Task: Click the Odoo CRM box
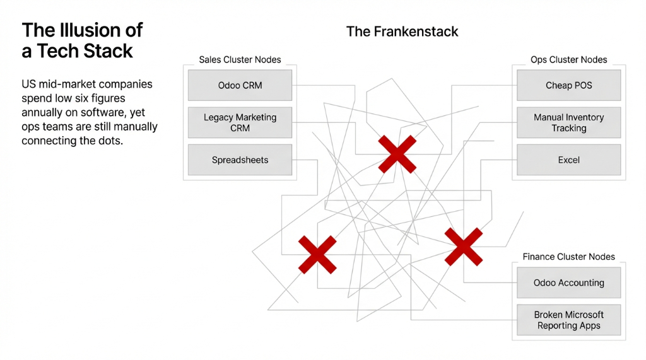click(240, 85)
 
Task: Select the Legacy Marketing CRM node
click(240, 122)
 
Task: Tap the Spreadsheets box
click(240, 160)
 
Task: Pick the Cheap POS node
click(568, 85)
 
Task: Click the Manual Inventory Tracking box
click(568, 122)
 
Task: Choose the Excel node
click(568, 160)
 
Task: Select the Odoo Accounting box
click(568, 283)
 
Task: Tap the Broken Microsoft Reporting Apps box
click(568, 320)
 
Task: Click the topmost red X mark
click(397, 154)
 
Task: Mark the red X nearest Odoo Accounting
click(464, 247)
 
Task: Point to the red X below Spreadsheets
click(317, 255)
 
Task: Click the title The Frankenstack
click(402, 32)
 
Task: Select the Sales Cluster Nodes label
click(240, 60)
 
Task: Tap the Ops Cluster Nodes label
click(568, 60)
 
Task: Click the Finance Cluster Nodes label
click(568, 257)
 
